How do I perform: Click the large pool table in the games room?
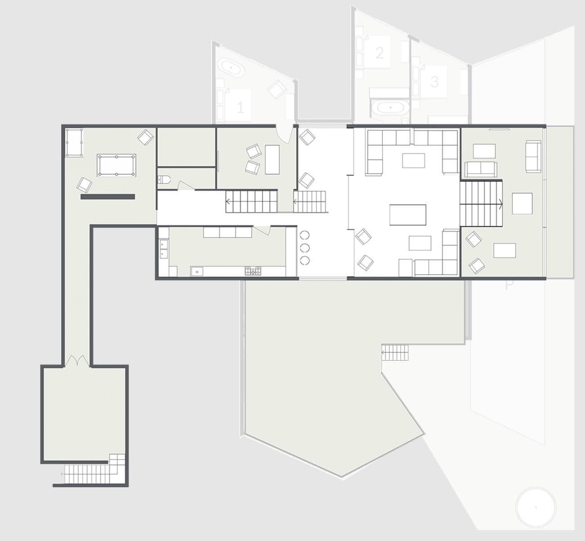(x=117, y=165)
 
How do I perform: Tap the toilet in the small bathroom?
(x=164, y=180)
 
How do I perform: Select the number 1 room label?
(x=240, y=107)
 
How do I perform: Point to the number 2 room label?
(x=379, y=53)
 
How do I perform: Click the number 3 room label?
(x=434, y=81)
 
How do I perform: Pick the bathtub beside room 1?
(x=231, y=67)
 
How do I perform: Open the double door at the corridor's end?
(x=76, y=361)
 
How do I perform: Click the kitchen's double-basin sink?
(x=163, y=249)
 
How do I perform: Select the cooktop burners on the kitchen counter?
(x=253, y=271)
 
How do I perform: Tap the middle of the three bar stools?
(x=305, y=247)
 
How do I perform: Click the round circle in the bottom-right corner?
(x=535, y=507)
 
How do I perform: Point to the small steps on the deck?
(x=396, y=352)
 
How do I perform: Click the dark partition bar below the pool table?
(x=108, y=197)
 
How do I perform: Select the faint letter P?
(x=509, y=285)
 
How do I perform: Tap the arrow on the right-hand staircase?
(x=501, y=203)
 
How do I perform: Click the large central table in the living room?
(x=408, y=215)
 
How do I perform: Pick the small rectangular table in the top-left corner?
(x=74, y=143)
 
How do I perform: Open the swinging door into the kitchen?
(x=262, y=231)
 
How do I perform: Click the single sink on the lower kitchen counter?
(x=196, y=271)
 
